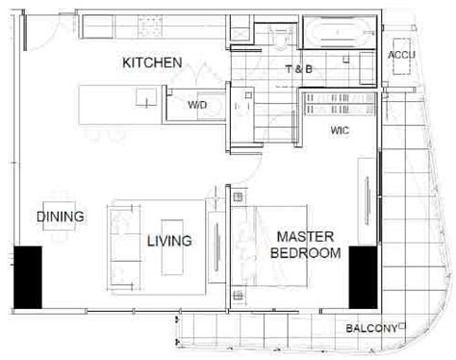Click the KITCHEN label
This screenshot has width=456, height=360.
coord(152,63)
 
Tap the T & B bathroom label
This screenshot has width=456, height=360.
coord(299,69)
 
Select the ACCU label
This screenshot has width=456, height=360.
coord(401,56)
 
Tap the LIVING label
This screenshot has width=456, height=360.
coord(168,241)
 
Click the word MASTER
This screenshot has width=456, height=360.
coord(306,237)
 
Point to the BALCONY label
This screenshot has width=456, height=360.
coord(371,329)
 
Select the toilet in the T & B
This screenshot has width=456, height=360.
coord(278,34)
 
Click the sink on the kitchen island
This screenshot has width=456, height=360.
coord(146,96)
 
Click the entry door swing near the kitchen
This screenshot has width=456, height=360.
coord(38,34)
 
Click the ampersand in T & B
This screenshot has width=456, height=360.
coord(299,69)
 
